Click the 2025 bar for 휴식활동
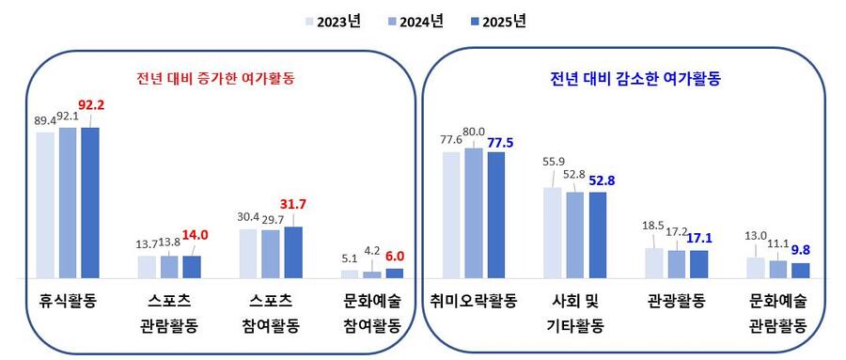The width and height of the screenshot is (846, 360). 90,202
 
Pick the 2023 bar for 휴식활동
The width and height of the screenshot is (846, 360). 45,205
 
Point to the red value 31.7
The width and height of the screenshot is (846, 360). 293,203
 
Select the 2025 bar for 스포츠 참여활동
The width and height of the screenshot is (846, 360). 293,252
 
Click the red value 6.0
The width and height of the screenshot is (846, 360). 395,254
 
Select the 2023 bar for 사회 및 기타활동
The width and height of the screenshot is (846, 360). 553,232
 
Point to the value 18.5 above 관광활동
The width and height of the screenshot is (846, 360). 650,225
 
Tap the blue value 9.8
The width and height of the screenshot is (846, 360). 800,250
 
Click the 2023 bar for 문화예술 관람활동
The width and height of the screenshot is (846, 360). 756,267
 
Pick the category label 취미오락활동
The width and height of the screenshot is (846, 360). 474,302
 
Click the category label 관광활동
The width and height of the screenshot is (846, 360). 677,302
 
